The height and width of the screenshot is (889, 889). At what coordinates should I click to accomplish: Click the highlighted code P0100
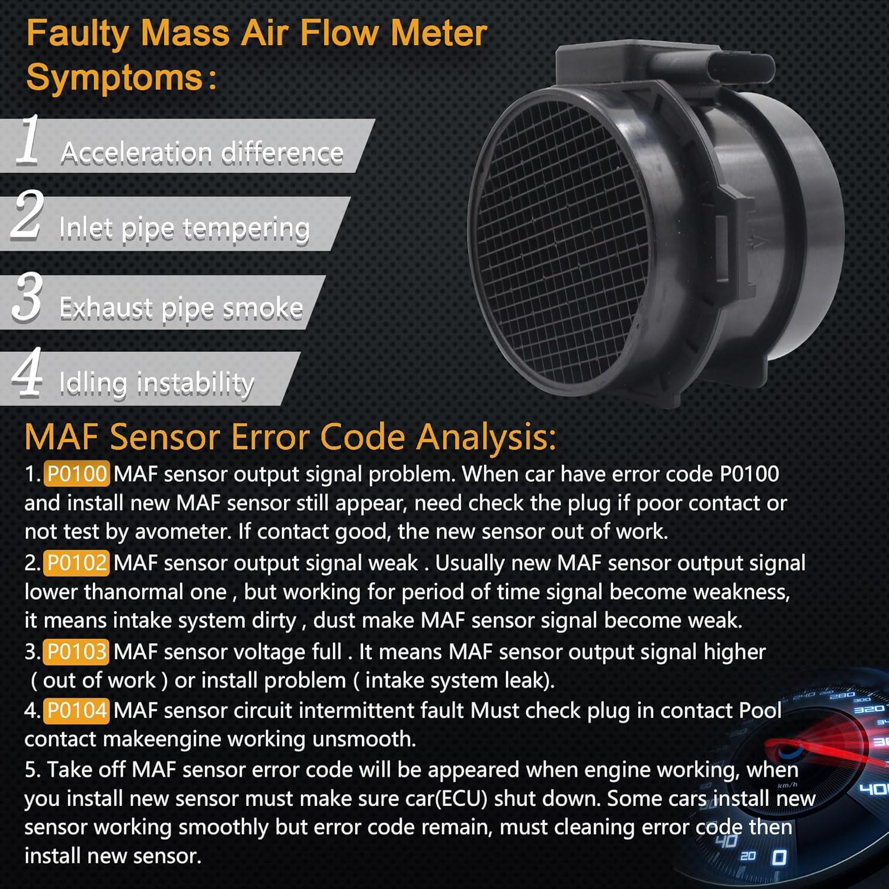[x=76, y=474]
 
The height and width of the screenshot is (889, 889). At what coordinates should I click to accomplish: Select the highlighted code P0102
[x=76, y=563]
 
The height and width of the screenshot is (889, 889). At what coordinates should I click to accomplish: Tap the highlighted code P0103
[x=76, y=652]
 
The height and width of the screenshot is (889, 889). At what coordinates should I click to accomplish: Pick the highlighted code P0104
[x=76, y=711]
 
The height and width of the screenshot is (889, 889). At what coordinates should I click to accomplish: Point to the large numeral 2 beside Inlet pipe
[x=27, y=216]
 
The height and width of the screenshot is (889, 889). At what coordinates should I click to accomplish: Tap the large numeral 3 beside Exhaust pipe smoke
[x=27, y=297]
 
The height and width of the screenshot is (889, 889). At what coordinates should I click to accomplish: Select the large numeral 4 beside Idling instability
[x=27, y=372]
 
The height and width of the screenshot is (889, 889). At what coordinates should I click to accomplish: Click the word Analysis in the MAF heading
[x=485, y=437]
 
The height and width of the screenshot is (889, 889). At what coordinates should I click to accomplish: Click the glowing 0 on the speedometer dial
[x=779, y=857]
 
